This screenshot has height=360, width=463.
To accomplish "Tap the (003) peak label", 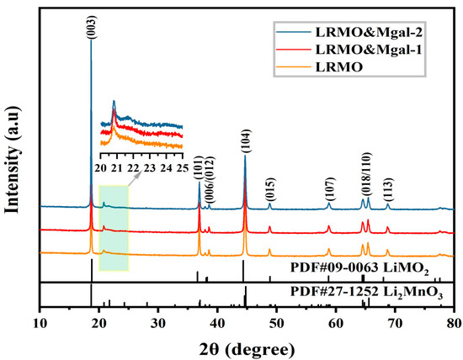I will pos(91,26).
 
